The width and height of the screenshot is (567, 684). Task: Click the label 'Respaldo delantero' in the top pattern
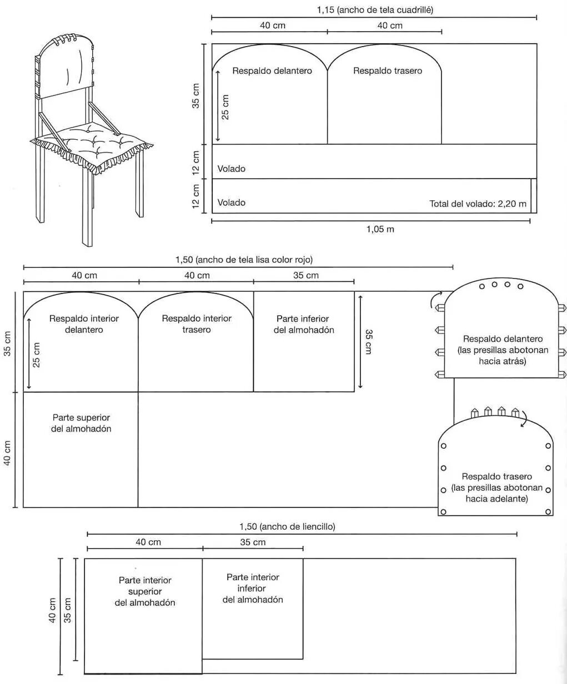[x=272, y=71]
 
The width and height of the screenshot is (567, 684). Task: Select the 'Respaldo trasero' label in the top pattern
[x=388, y=71]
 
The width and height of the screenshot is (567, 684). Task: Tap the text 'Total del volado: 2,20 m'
[x=478, y=204]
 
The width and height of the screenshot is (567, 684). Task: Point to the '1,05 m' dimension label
[x=380, y=229]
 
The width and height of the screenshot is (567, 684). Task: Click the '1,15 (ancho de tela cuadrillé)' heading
[x=375, y=10]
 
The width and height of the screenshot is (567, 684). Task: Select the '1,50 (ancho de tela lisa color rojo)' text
[x=244, y=260]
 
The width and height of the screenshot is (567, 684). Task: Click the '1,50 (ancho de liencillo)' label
[x=287, y=526]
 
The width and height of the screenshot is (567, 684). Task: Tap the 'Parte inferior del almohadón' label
[x=304, y=325]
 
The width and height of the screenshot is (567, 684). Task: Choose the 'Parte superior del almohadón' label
[x=81, y=423]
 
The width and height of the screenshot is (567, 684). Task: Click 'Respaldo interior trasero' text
[x=197, y=324]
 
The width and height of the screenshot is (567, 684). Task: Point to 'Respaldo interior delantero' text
[x=84, y=324]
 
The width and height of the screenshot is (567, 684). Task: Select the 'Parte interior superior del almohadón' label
[x=145, y=591]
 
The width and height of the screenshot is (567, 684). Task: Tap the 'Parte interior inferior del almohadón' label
[x=253, y=589]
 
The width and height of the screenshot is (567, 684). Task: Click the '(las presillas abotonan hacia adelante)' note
[x=496, y=493]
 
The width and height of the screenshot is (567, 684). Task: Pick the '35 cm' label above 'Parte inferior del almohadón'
[x=306, y=276]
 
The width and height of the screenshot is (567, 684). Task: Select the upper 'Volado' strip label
[x=231, y=169]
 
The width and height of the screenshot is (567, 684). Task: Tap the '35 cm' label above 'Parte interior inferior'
[x=253, y=543]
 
